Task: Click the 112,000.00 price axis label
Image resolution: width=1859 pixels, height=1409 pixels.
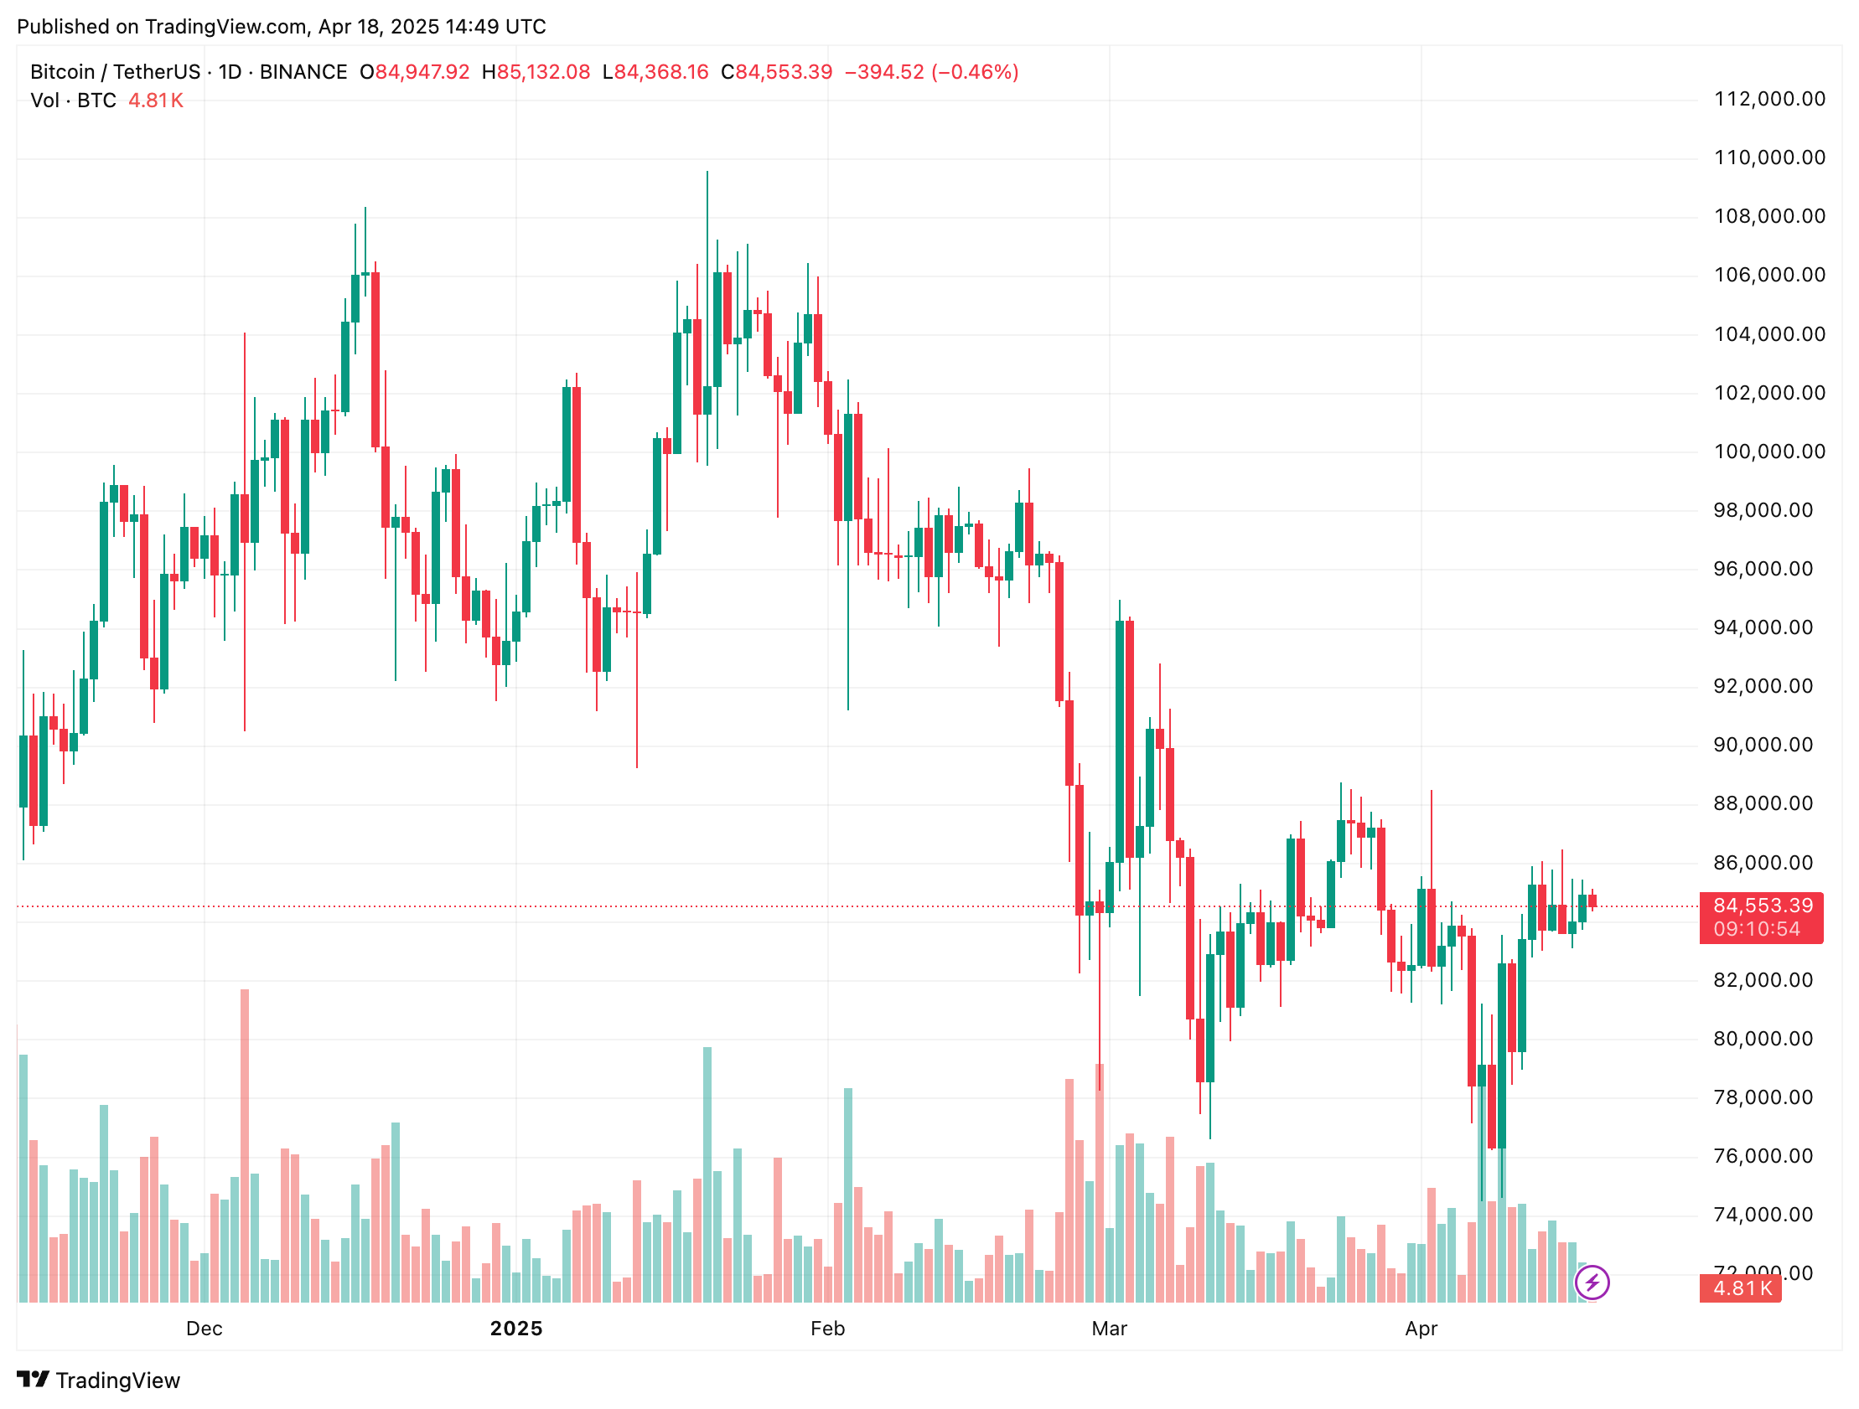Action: [1769, 99]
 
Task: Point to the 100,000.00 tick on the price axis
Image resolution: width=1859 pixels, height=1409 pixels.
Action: [1769, 452]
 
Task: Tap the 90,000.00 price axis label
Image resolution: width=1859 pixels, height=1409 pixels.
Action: [1763, 746]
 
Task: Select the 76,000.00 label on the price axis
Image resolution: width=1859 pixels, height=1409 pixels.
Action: [1763, 1156]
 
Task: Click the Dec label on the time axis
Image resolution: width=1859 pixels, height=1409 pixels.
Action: [205, 1329]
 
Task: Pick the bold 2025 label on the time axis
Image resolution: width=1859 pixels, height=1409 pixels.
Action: [516, 1329]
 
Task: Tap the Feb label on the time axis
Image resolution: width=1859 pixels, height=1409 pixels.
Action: [827, 1329]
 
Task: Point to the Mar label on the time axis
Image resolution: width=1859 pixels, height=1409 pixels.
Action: [1109, 1329]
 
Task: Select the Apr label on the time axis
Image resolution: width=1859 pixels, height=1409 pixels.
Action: [1421, 1329]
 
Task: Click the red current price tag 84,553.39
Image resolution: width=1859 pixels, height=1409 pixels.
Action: [1763, 906]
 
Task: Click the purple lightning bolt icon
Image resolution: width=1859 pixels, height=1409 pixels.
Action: [1592, 1283]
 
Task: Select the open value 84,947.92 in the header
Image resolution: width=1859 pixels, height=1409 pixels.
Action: [422, 72]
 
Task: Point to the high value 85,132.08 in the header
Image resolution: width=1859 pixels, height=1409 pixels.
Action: [543, 72]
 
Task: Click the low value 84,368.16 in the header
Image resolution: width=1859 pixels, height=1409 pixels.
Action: [661, 72]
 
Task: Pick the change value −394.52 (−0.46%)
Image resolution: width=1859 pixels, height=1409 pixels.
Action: [931, 72]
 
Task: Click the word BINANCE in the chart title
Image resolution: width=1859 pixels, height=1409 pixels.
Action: [303, 72]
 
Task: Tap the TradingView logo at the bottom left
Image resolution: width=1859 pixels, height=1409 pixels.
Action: [98, 1381]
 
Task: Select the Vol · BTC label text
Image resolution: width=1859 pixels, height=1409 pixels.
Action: [73, 101]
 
